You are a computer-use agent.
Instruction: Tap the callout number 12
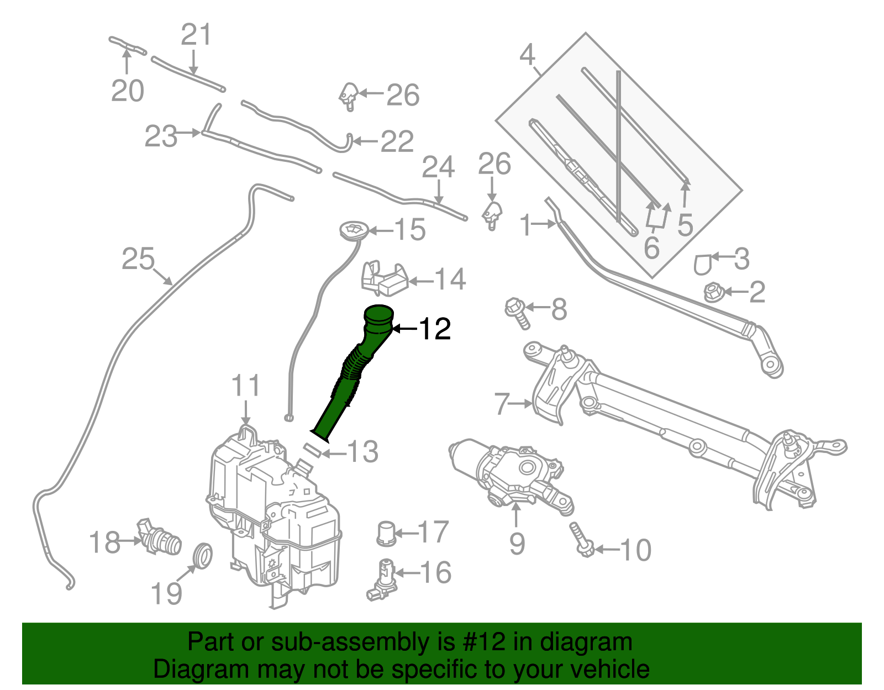coord(435,329)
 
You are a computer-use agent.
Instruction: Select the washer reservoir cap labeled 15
coord(352,230)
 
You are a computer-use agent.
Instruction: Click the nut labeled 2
coord(714,292)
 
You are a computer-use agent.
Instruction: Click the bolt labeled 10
coord(581,539)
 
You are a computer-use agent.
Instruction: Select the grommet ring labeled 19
coord(203,555)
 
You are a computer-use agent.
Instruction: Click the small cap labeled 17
coord(386,533)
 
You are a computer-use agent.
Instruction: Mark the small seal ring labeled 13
coord(312,450)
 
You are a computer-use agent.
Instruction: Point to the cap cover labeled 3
coord(702,264)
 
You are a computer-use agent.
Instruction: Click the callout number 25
coord(138,259)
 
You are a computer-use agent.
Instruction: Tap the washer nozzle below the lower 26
coord(492,214)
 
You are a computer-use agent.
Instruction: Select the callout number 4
coord(528,55)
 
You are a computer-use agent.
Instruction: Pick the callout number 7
coord(501,404)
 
